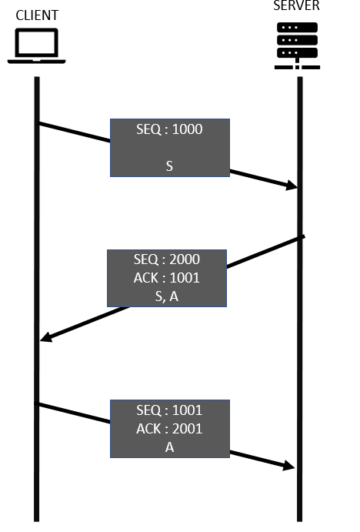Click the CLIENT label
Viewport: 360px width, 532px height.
click(x=37, y=15)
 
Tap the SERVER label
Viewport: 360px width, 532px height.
click(x=296, y=5)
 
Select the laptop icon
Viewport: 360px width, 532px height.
click(x=37, y=45)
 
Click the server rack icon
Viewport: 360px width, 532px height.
click(x=297, y=45)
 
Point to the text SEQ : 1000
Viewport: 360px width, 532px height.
click(x=169, y=129)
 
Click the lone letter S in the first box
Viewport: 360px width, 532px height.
click(x=169, y=166)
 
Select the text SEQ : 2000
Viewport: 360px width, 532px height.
click(x=167, y=259)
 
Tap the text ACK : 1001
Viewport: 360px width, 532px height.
click(x=167, y=278)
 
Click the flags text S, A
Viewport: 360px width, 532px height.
click(x=167, y=296)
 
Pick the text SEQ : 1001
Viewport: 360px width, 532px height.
click(x=169, y=410)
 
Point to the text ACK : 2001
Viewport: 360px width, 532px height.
click(x=169, y=429)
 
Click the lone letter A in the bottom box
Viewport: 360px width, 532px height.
click(x=169, y=447)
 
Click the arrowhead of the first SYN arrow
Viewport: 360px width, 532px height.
click(x=292, y=186)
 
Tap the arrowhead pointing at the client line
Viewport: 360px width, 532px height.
click(x=46, y=337)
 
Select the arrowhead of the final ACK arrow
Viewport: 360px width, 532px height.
click(x=288, y=466)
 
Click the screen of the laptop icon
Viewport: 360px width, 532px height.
click(x=37, y=43)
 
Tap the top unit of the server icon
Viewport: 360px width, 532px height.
click(x=297, y=28)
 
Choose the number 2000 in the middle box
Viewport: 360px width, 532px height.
click(x=185, y=259)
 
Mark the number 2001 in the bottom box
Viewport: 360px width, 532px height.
click(x=188, y=429)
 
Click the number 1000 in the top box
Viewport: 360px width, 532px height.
click(x=188, y=129)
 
